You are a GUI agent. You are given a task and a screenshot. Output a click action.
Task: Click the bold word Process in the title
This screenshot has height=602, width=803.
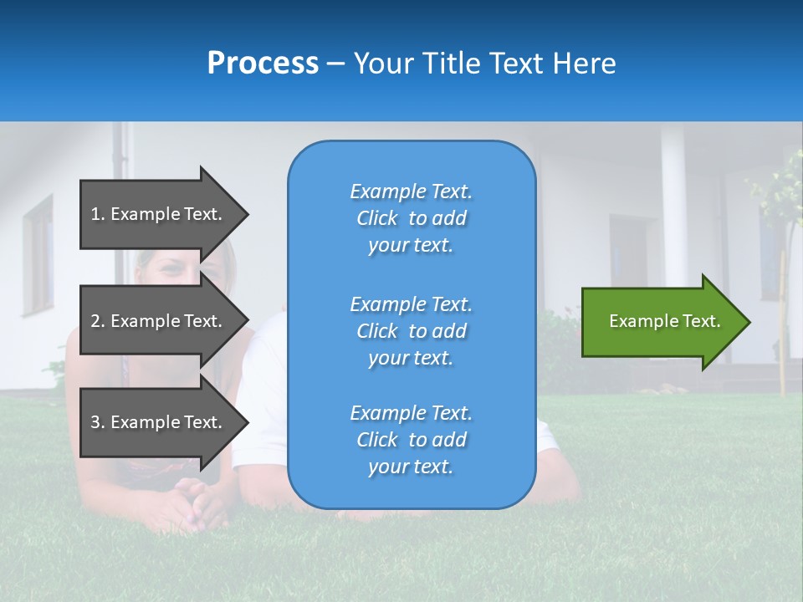(x=263, y=64)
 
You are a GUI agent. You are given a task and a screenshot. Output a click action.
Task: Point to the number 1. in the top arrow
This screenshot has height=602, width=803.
(x=98, y=214)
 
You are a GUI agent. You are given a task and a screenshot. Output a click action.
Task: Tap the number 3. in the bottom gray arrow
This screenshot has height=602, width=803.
(x=98, y=422)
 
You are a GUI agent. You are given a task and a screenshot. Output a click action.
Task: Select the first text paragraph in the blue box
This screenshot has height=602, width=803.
(x=411, y=218)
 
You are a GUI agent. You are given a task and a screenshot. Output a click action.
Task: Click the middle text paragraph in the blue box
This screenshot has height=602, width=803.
(x=411, y=331)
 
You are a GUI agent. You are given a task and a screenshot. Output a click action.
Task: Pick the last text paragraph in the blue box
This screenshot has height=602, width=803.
(x=411, y=440)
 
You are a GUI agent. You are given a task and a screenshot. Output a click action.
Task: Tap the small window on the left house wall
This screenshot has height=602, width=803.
(x=38, y=255)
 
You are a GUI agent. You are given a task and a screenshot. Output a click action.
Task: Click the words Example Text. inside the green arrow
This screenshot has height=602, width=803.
(x=664, y=321)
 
